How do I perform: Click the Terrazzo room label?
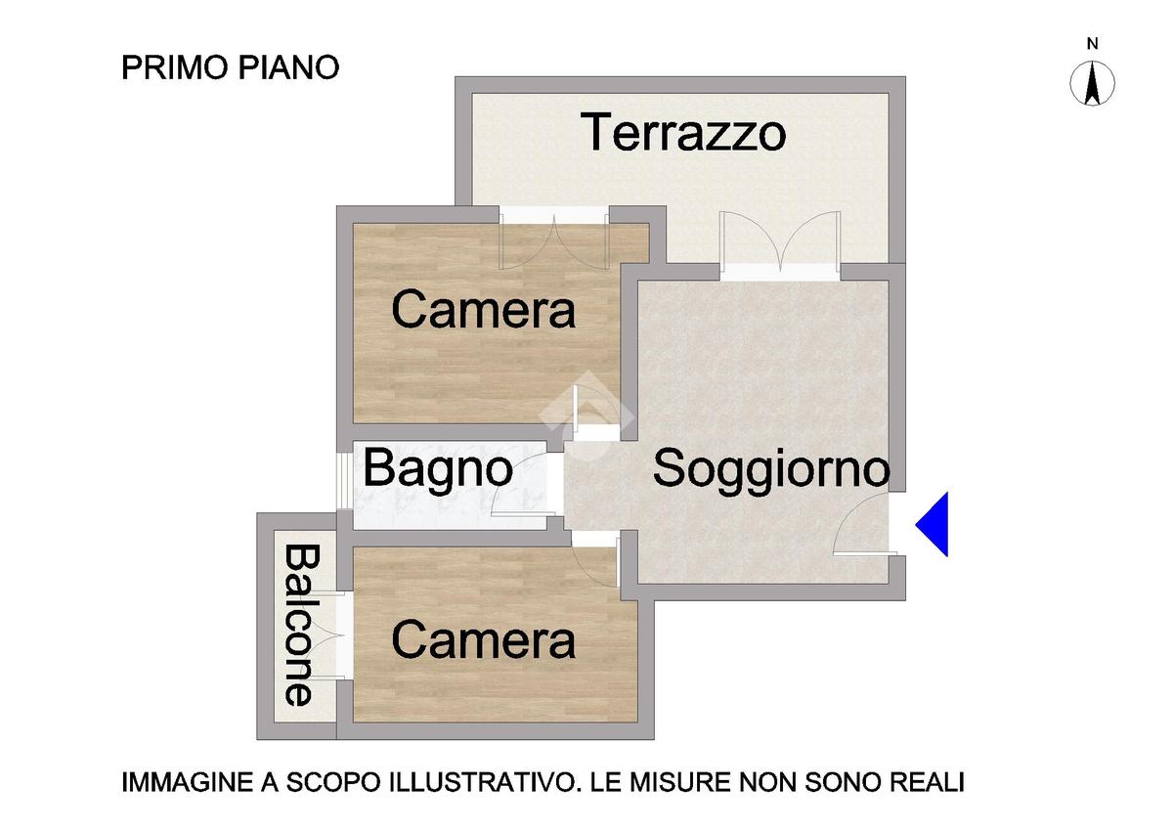(683, 132)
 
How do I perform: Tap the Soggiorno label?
(771, 467)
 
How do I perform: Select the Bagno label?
(438, 468)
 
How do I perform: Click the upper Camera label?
(483, 310)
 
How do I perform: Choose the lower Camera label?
(483, 640)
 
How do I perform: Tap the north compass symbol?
(1092, 83)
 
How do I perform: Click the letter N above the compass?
(1093, 44)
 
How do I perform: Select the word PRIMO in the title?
(175, 67)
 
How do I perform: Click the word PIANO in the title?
(289, 67)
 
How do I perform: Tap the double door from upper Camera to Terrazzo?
(554, 239)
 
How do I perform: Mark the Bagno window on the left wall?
(344, 481)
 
